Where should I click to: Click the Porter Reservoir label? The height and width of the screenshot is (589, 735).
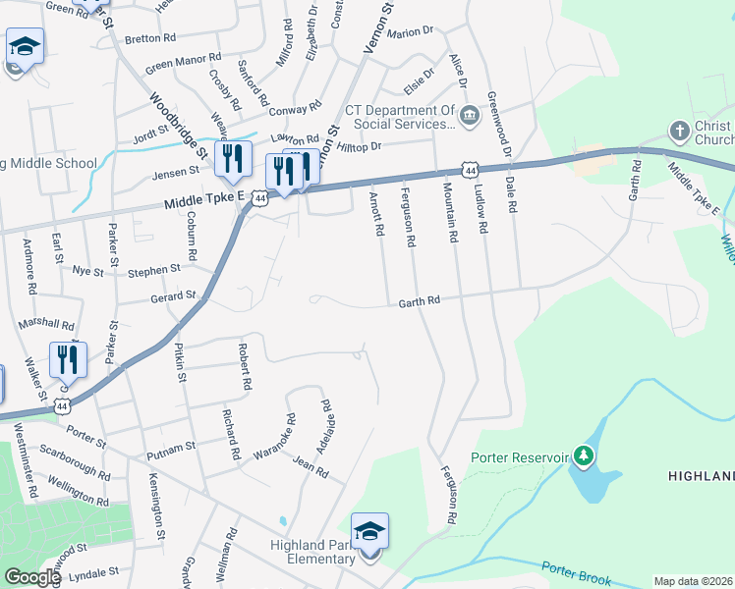pyautogui.click(x=521, y=456)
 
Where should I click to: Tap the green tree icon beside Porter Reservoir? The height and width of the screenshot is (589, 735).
pyautogui.click(x=584, y=455)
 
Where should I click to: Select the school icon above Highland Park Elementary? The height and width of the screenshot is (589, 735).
pyautogui.click(x=370, y=531)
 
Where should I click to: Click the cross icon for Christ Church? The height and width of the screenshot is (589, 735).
pyautogui.click(x=678, y=131)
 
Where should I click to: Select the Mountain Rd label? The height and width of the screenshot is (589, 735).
pyautogui.click(x=451, y=212)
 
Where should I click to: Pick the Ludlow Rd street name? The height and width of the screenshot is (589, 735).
pyautogui.click(x=481, y=209)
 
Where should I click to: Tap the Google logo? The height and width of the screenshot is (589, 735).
pyautogui.click(x=32, y=577)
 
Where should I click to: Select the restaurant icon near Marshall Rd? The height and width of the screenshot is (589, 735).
pyautogui.click(x=68, y=359)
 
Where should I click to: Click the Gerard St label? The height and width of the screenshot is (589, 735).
pyautogui.click(x=173, y=295)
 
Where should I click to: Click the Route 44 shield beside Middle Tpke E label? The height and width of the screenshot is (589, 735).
pyautogui.click(x=259, y=198)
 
